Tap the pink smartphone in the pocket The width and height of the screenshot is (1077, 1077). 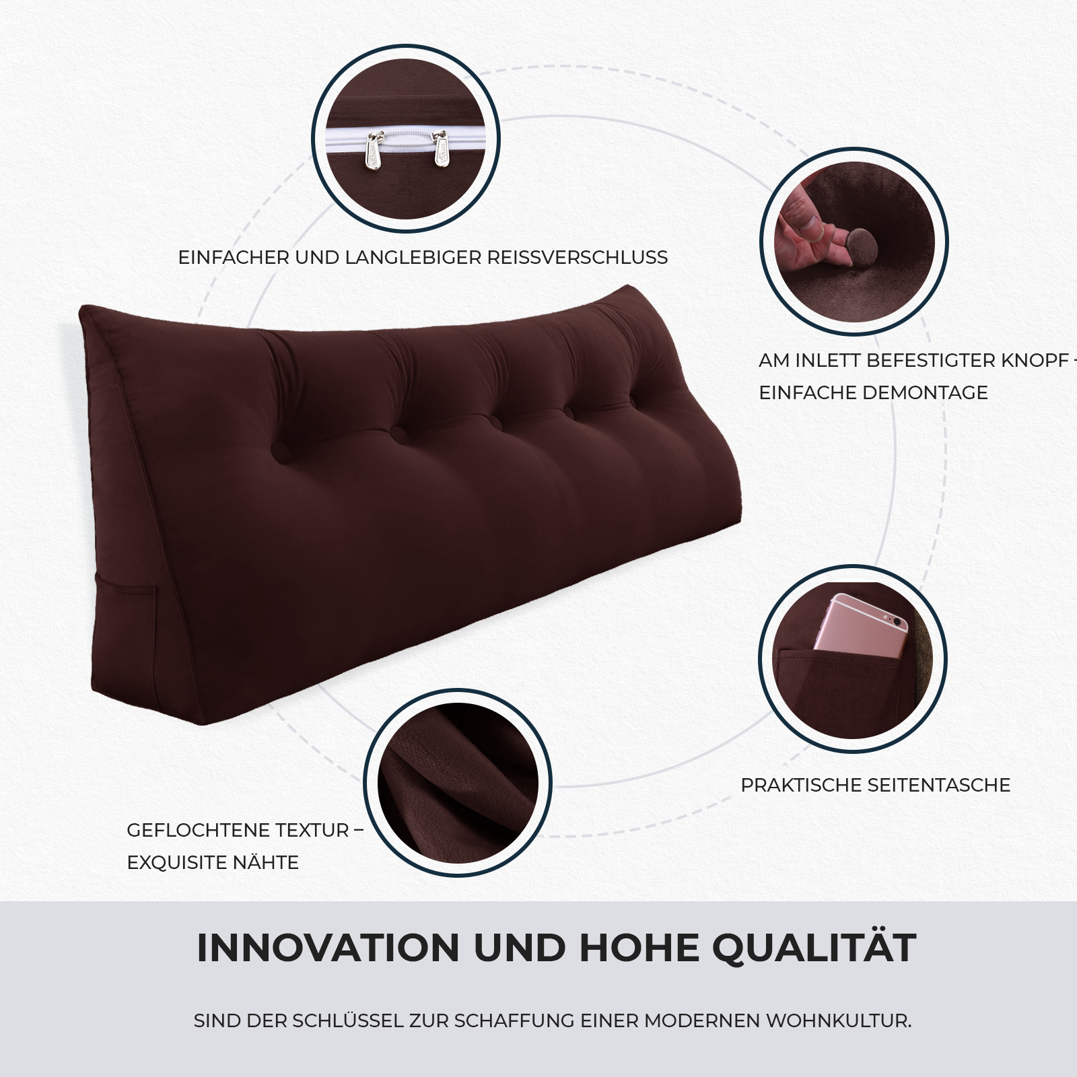(861, 625)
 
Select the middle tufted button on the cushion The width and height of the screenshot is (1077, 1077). (497, 422)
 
